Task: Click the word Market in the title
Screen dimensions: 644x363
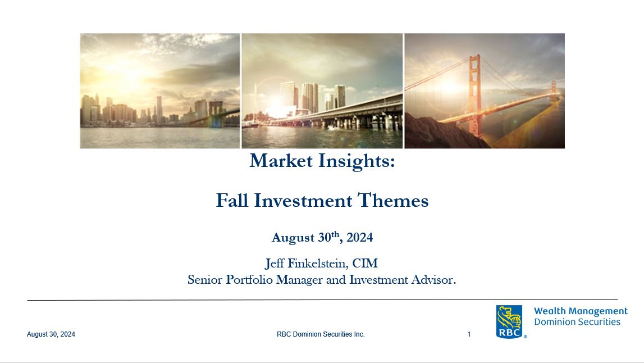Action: [281, 161]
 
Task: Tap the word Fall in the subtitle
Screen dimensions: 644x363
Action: [232, 201]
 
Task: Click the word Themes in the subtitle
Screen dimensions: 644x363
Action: [393, 201]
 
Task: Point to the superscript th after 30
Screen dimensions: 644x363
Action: [335, 234]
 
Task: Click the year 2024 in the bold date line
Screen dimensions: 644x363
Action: [359, 238]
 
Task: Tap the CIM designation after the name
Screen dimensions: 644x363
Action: [365, 263]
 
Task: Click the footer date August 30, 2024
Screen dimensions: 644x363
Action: [51, 334]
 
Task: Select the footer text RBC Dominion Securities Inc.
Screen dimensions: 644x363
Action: [321, 334]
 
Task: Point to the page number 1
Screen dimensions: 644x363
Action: [469, 334]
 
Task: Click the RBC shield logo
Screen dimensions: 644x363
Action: [509, 321]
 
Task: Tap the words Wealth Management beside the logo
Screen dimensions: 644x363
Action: [581, 311]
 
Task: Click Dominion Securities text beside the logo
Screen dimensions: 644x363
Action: [577, 322]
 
